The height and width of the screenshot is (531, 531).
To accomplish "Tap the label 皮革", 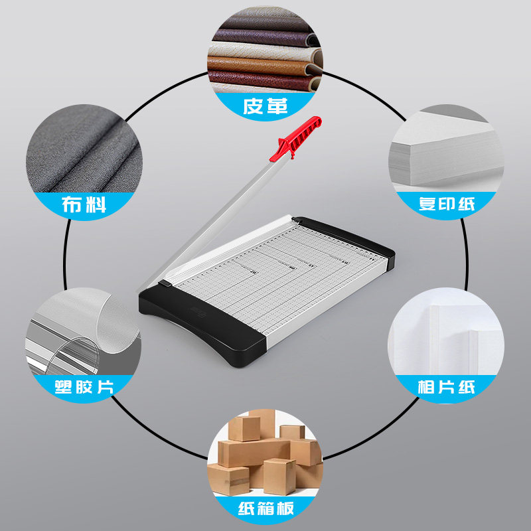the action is pyautogui.click(x=265, y=106).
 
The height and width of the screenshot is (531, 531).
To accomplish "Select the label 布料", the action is pyautogui.click(x=83, y=204).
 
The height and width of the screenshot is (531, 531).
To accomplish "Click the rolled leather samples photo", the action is pyautogui.click(x=265, y=60).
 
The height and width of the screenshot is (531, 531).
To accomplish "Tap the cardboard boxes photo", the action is pyautogui.click(x=265, y=458).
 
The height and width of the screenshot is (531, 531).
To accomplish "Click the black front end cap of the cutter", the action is pyautogui.click(x=199, y=325).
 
